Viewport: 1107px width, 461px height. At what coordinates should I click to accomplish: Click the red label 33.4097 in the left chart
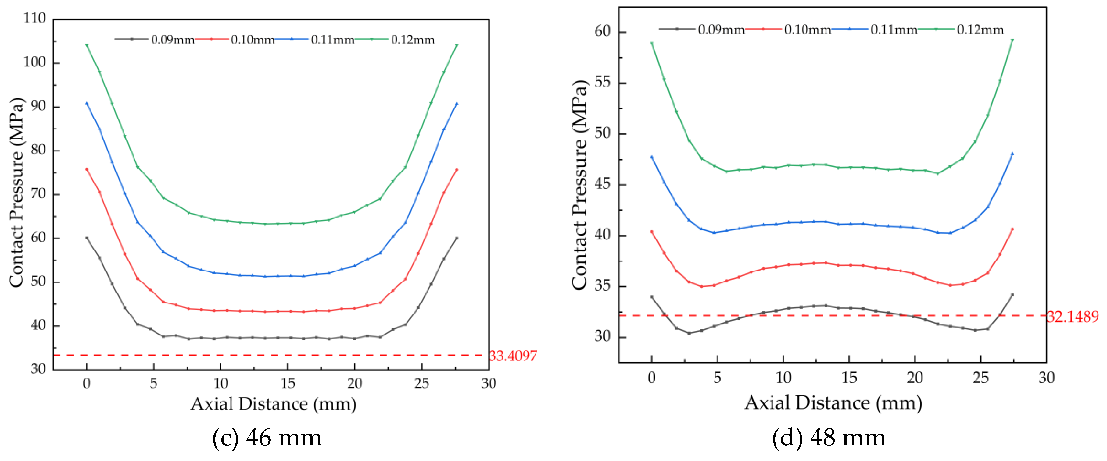pyautogui.click(x=513, y=356)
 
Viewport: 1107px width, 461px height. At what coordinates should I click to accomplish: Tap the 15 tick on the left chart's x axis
pyautogui.click(x=288, y=383)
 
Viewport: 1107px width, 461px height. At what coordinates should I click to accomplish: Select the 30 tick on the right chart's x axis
pyautogui.click(x=1046, y=378)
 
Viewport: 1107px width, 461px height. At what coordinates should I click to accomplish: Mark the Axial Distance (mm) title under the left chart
pyautogui.click(x=273, y=404)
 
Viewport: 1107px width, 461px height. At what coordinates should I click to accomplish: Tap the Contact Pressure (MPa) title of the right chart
pyautogui.click(x=579, y=185)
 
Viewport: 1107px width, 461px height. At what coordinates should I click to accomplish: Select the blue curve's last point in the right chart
pyautogui.click(x=1012, y=154)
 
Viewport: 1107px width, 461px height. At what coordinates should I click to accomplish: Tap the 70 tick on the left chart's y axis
pyautogui.click(x=38, y=194)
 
